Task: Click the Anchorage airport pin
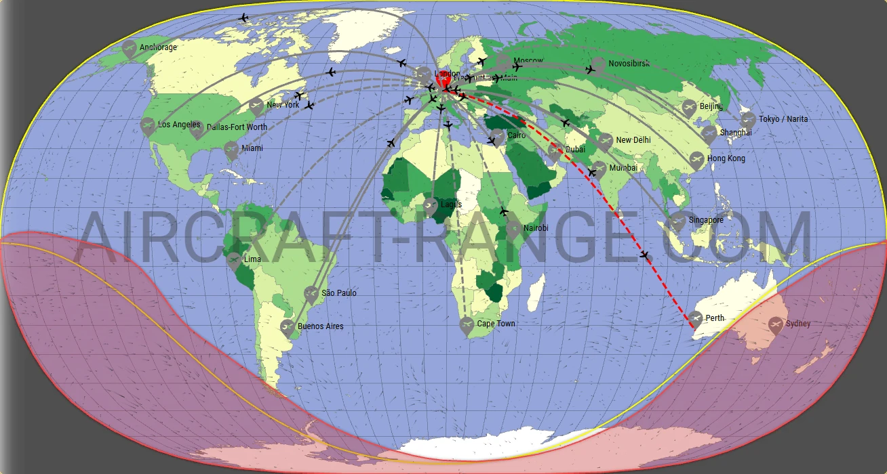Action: coord(130,47)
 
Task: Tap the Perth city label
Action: coord(715,318)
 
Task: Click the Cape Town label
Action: coord(496,324)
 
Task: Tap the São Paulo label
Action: coord(338,293)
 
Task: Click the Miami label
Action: coord(252,148)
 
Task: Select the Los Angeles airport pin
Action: coord(148,125)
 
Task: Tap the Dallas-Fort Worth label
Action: coord(237,127)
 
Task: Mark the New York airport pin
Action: coord(256,106)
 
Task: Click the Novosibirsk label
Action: coord(629,64)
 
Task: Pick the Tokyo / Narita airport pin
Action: coord(748,119)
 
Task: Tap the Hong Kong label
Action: coord(726,158)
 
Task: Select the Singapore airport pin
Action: coord(678,220)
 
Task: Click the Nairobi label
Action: coord(535,228)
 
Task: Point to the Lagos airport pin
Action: coord(430,204)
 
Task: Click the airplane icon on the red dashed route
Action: coord(644,255)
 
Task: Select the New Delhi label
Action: coord(633,140)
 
